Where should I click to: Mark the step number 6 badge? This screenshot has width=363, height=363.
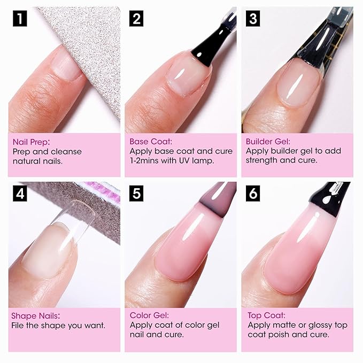253,192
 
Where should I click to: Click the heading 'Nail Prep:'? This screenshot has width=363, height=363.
30,142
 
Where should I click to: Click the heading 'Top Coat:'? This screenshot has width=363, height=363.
266,315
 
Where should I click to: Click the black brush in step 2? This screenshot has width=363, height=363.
211,48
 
